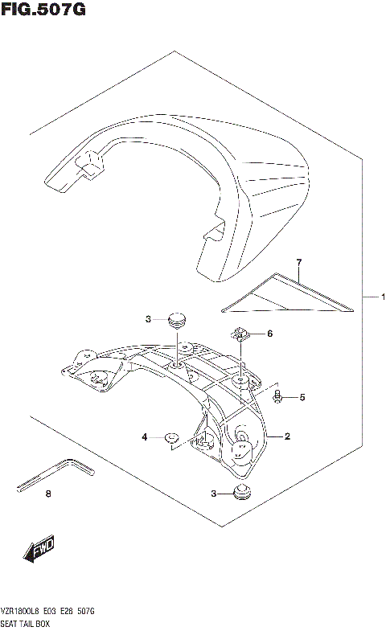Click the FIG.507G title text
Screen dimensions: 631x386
43,10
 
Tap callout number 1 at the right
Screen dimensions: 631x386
383,297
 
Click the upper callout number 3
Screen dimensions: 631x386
148,320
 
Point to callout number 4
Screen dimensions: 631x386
146,436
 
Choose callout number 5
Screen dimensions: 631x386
302,397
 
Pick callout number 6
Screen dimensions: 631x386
270,334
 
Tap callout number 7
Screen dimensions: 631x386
298,263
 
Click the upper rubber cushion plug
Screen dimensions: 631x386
175,319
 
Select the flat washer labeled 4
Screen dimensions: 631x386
170,437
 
